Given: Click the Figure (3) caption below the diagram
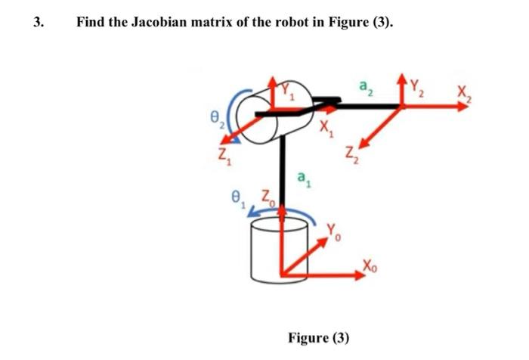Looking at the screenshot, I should (x=318, y=337).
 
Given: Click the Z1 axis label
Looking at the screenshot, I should (x=218, y=160).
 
